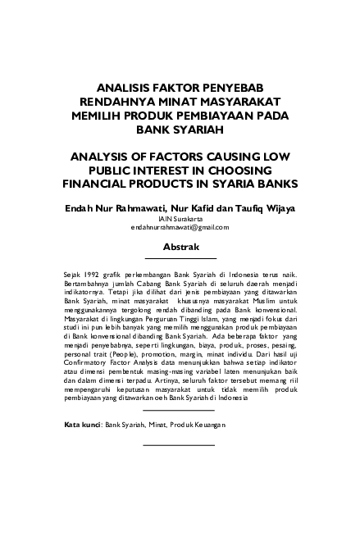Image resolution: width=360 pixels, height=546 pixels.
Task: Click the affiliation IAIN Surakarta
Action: coord(180,219)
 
